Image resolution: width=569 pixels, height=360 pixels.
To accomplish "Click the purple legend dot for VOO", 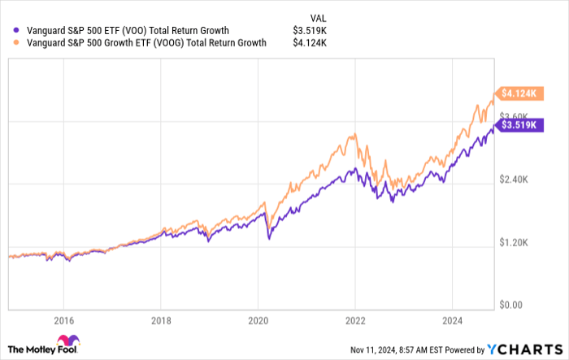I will (x=10, y=31).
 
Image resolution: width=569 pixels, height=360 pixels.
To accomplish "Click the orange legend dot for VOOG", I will (x=10, y=44).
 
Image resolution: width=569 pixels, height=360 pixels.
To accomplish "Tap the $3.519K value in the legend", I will (x=310, y=31).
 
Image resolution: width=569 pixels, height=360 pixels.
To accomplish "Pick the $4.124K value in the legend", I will (x=310, y=44).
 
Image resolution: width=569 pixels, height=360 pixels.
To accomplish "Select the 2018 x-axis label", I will (x=161, y=320).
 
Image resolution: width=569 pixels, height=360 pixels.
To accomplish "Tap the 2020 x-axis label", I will (x=258, y=320).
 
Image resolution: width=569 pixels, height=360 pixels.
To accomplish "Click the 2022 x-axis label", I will (x=354, y=320).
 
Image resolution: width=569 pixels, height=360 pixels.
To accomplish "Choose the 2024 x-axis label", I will (x=452, y=320).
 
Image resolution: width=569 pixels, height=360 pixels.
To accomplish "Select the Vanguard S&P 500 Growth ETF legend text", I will (x=141, y=44).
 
